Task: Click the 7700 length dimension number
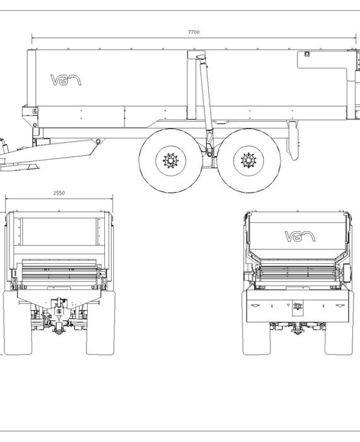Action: [x=194, y=32]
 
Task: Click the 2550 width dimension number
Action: [x=59, y=193]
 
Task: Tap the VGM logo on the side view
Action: [x=66, y=80]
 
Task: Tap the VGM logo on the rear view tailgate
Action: [x=300, y=237]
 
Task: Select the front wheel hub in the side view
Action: [x=171, y=161]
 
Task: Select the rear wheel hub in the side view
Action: [x=249, y=160]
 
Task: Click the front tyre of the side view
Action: [x=171, y=161]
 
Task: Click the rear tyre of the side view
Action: [x=249, y=160]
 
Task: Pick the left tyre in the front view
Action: [x=17, y=323]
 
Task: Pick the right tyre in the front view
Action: [x=100, y=323]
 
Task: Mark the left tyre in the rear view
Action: [x=256, y=323]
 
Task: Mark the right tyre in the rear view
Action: [x=339, y=323]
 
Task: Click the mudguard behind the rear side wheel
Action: [x=293, y=140]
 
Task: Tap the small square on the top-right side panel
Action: [x=308, y=54]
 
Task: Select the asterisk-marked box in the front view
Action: [x=59, y=311]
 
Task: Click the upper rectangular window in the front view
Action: [x=59, y=232]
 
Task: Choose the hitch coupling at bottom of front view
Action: [x=59, y=328]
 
